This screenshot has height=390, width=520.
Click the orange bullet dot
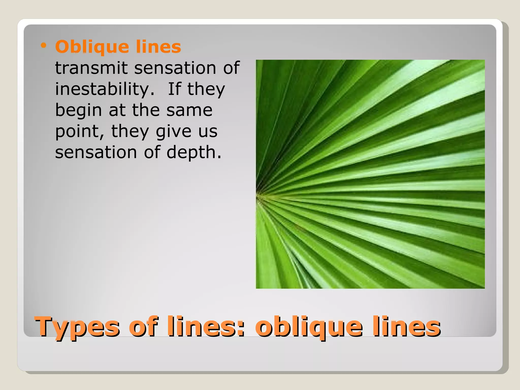[44, 46]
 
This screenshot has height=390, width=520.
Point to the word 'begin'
[78, 111]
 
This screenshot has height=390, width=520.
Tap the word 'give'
[173, 132]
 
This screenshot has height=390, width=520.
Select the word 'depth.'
[194, 153]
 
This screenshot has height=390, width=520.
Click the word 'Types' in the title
[77, 327]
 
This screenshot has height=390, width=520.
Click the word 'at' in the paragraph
[117, 110]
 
